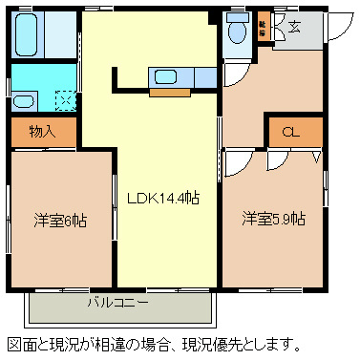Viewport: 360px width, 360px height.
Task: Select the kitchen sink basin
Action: pyautogui.click(x=166, y=77)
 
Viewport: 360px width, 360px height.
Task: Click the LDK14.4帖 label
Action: pyautogui.click(x=163, y=199)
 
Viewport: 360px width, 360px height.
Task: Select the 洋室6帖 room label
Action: pyautogui.click(x=59, y=221)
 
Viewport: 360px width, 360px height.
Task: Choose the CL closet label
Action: pyautogui.click(x=289, y=133)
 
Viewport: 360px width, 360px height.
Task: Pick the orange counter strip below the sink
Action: pyautogui.click(x=171, y=93)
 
